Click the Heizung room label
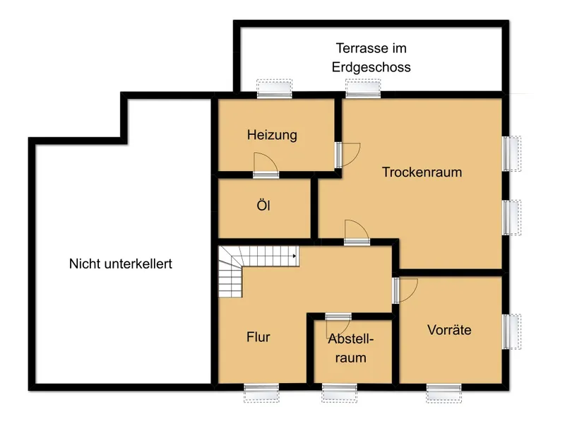click(272, 135)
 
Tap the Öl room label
click(263, 205)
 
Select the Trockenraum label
click(422, 172)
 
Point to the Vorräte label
click(449, 329)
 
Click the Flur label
click(258, 337)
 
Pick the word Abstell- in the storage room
click(350, 339)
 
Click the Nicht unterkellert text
click(121, 264)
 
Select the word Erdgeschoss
click(371, 67)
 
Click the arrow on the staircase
click(295, 256)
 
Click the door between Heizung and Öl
click(266, 165)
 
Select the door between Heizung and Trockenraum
click(347, 155)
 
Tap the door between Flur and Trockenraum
click(357, 232)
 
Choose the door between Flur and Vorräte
click(405, 290)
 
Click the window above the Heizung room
click(275, 89)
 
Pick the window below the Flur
click(261, 393)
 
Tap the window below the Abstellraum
click(340, 393)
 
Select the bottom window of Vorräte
click(444, 393)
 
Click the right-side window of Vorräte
click(511, 331)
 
